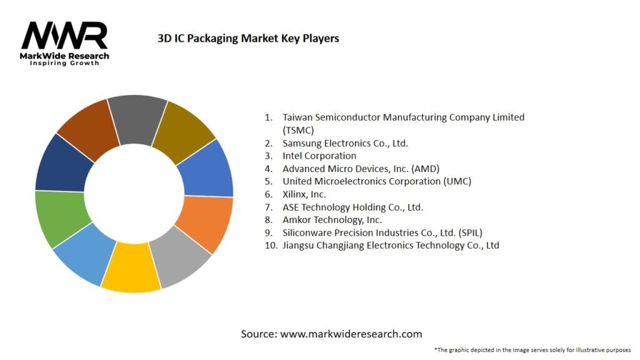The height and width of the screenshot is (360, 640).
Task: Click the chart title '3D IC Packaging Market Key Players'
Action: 248,39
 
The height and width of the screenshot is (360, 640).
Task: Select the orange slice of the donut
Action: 205,223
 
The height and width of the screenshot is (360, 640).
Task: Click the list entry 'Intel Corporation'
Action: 319,156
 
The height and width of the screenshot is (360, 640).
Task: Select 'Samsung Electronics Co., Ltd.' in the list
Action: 345,143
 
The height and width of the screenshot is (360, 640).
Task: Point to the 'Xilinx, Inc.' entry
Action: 304,194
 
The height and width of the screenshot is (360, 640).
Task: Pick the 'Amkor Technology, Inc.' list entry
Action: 332,220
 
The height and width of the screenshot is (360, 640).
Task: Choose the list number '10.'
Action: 271,246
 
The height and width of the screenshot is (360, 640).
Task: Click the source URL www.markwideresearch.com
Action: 351,334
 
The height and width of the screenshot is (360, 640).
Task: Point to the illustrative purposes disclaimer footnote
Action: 532,349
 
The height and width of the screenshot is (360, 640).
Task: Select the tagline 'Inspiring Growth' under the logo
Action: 64,64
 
